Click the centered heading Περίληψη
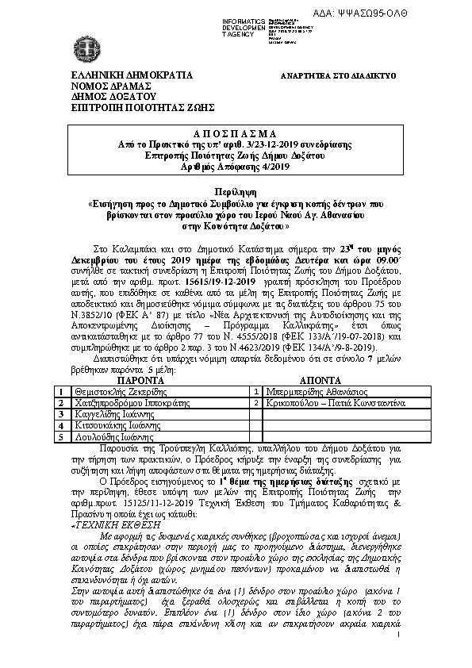tap(236, 194)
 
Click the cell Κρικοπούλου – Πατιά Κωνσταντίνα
tap(335, 403)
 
